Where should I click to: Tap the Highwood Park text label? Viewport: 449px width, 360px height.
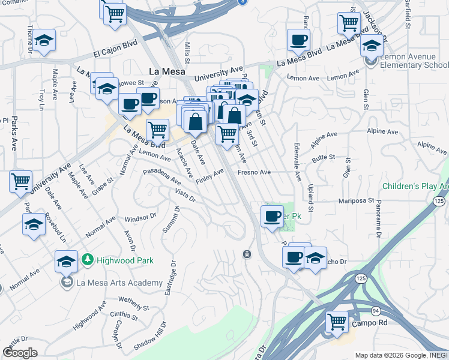pos(125,260)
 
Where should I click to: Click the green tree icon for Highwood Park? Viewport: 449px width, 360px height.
pos(88,259)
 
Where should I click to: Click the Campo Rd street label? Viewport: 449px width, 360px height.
pos(369,323)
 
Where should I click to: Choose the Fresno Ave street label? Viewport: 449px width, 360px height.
pos(255,172)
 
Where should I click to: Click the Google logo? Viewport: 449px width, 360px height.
pos(20,353)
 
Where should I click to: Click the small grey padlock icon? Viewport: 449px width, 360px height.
pos(247,254)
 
